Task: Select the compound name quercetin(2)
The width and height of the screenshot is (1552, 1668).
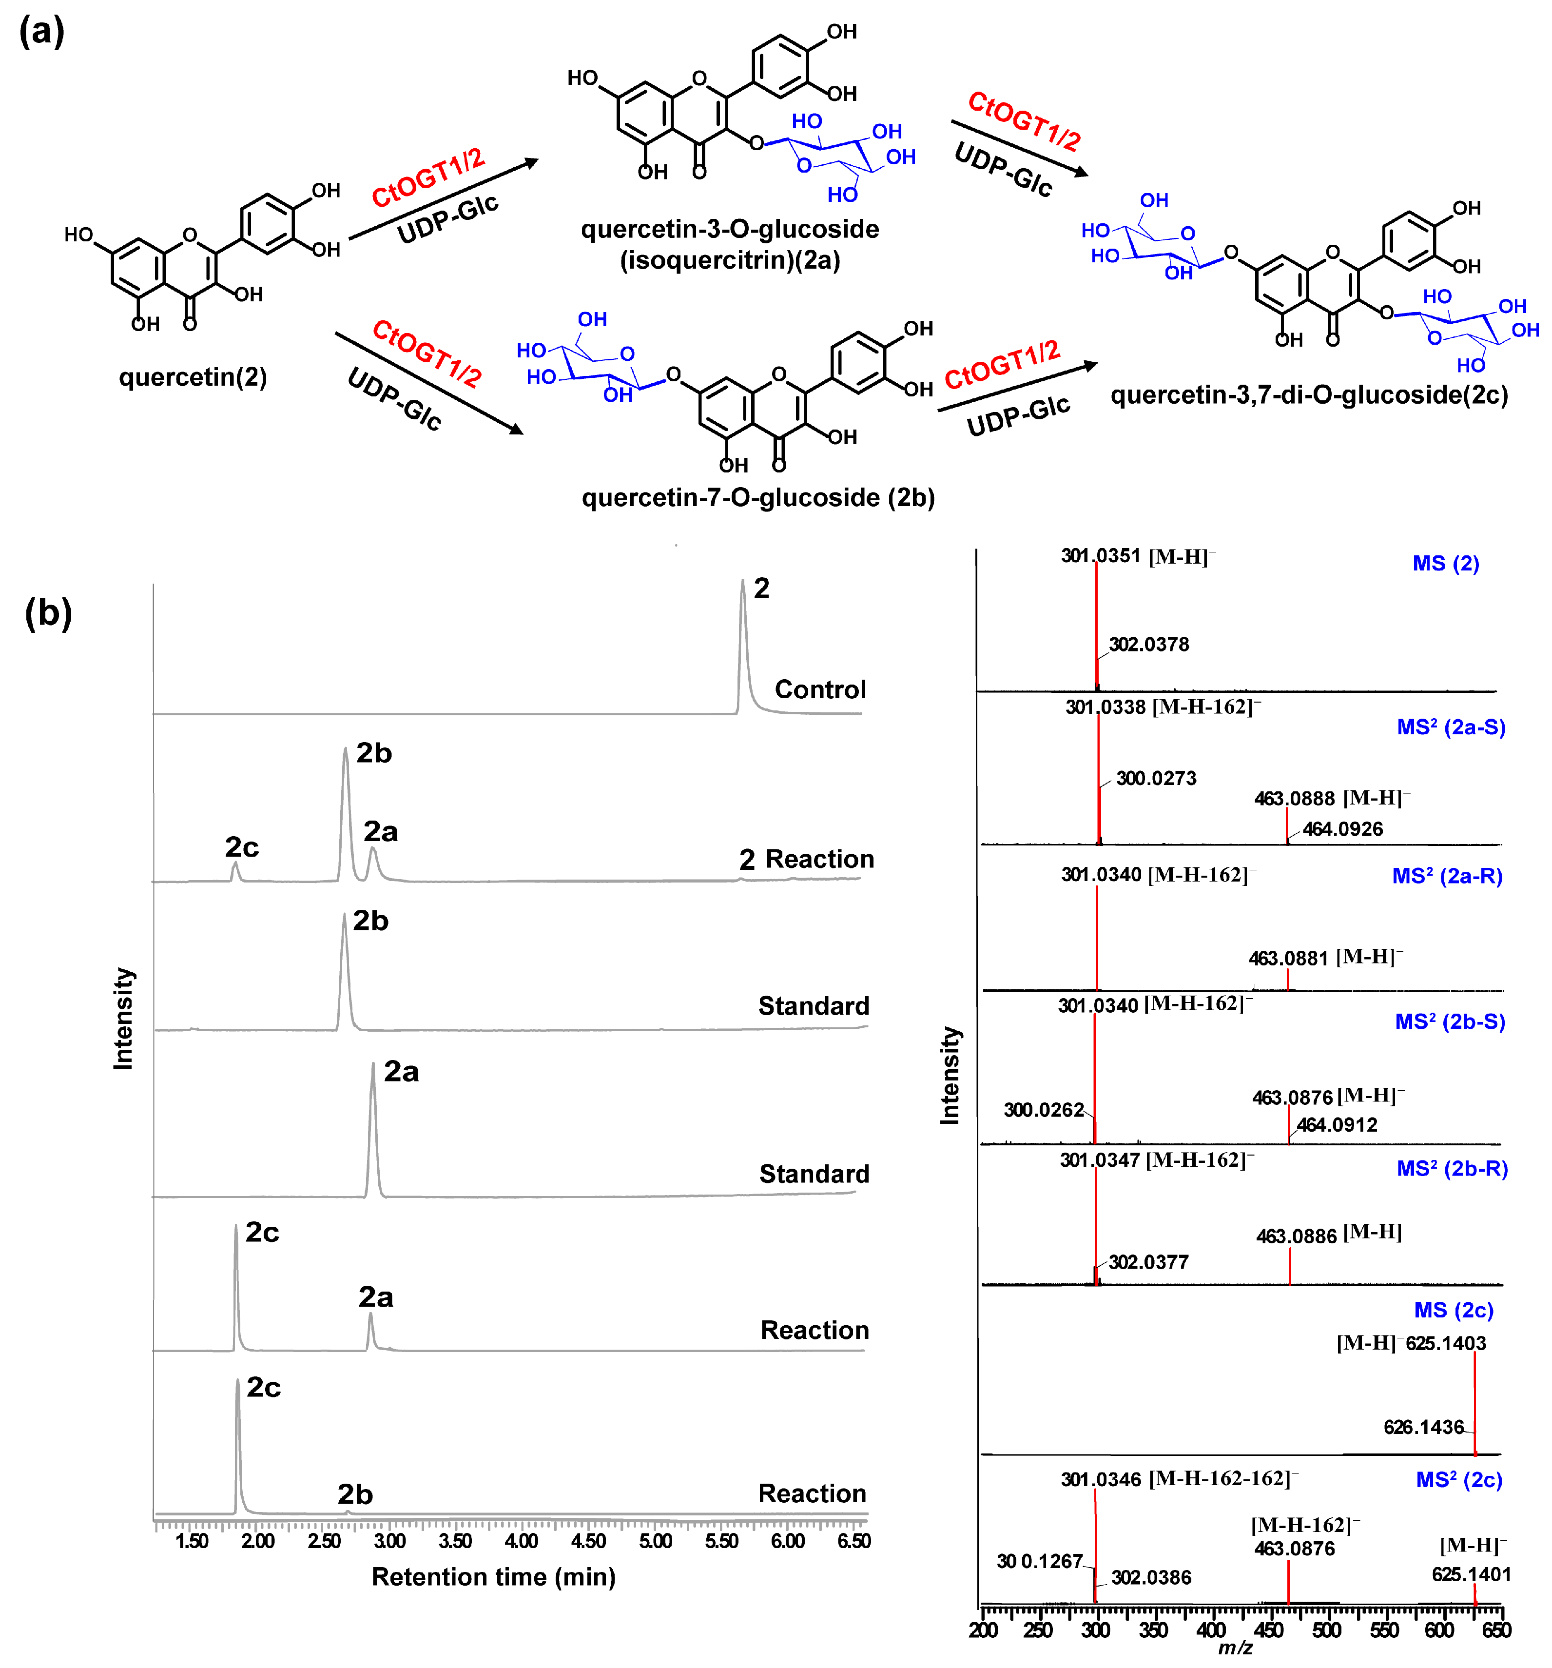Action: pos(193,377)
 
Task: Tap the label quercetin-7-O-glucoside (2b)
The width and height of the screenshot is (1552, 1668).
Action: pos(757,497)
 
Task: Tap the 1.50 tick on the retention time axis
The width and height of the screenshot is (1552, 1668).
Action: pos(192,1540)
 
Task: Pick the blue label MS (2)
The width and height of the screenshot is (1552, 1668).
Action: pos(1445,563)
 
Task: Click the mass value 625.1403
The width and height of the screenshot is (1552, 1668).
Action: pos(1445,1343)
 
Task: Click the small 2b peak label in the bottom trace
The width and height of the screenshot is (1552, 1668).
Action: pos(355,1494)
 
